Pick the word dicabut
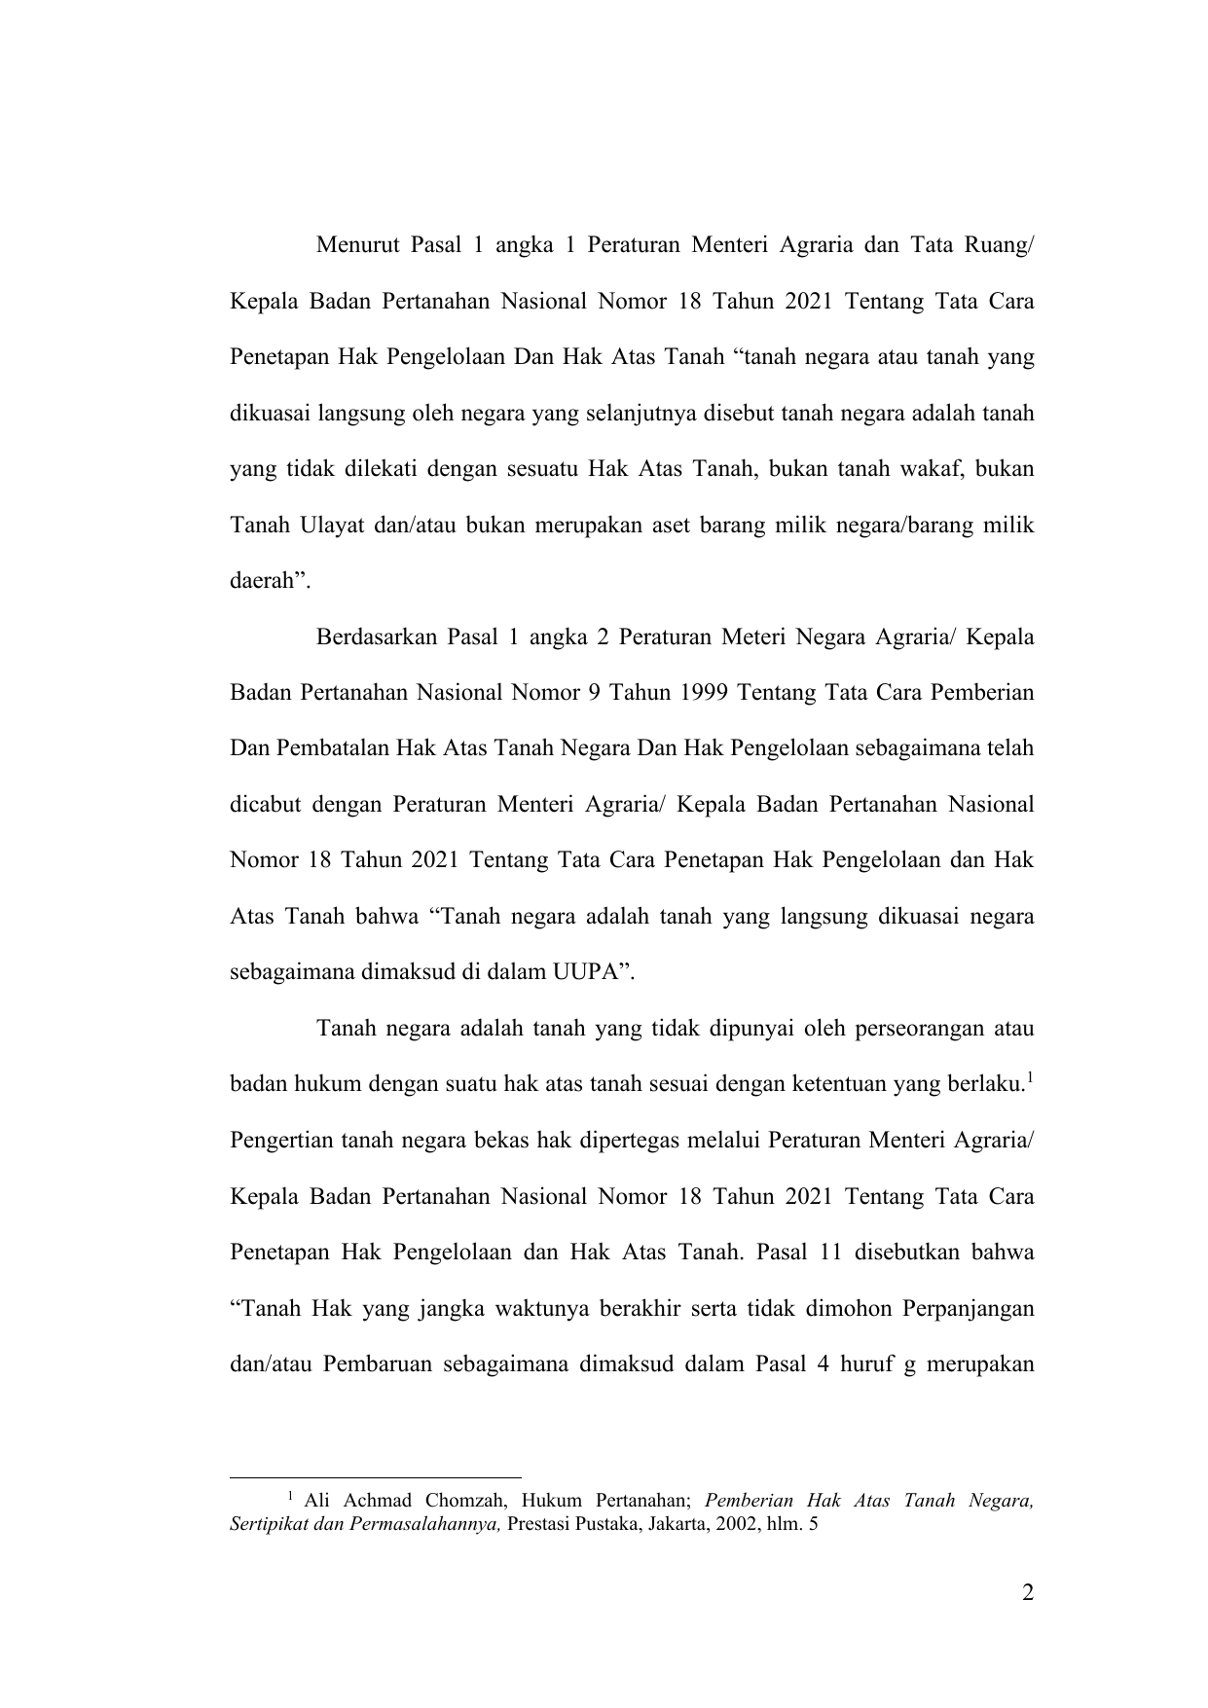pyautogui.click(x=264, y=805)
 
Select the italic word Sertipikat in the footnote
pyautogui.click(x=268, y=1524)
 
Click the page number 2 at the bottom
pyautogui.click(x=1028, y=1593)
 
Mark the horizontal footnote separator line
pyautogui.click(x=376, y=1476)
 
